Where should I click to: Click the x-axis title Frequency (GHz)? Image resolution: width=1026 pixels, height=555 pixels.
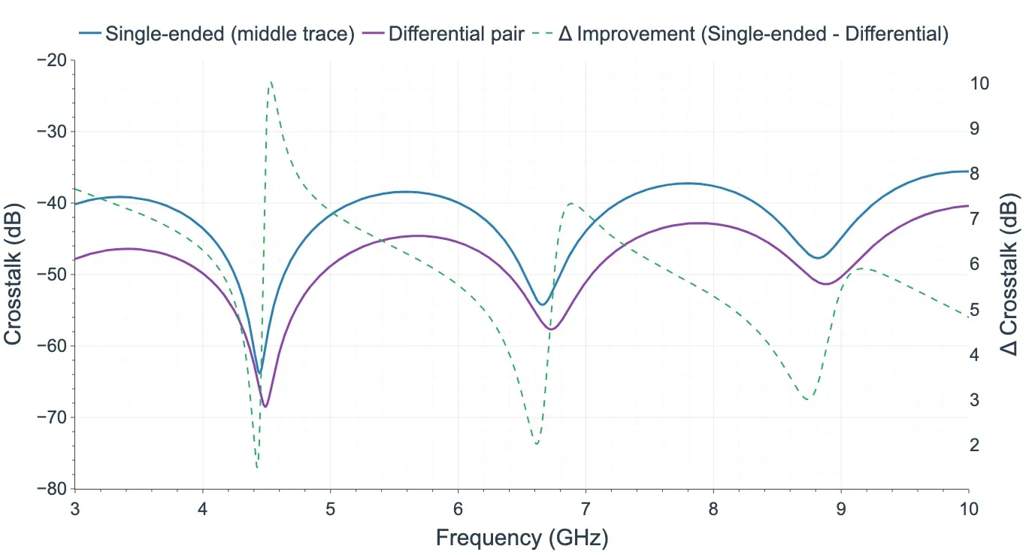522,537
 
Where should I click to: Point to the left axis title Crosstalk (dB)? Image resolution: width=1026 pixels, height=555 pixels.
13,274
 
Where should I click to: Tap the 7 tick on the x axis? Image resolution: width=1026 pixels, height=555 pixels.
586,509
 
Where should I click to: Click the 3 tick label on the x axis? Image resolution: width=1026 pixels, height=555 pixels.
74,509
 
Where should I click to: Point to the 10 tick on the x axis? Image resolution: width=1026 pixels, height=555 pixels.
968,509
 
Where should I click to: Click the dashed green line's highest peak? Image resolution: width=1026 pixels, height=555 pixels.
271,81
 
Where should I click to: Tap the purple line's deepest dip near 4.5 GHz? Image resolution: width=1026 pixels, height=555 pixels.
265,407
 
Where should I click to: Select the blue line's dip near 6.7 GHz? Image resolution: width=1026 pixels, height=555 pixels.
542,305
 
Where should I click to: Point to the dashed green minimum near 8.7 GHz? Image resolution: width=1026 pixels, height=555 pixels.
807,399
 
